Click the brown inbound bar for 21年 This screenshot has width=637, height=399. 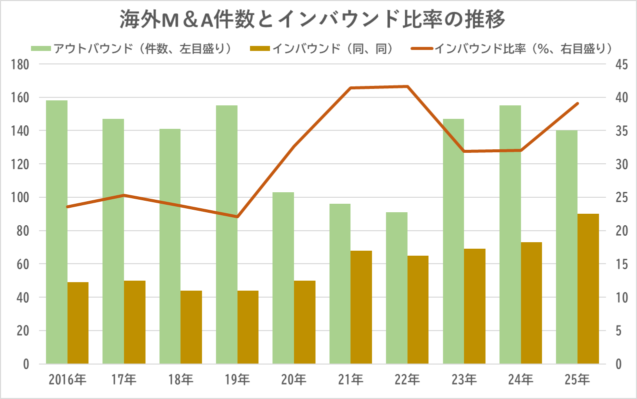pos(361,307)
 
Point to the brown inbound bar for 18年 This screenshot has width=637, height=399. pos(191,327)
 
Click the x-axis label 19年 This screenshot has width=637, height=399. pos(237,380)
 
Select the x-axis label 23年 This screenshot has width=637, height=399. pos(464,380)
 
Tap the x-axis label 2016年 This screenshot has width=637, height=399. pos(67,380)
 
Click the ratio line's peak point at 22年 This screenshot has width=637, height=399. pos(407,86)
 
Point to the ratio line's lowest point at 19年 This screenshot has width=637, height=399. pos(237,217)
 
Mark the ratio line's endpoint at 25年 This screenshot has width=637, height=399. pos(577,103)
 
